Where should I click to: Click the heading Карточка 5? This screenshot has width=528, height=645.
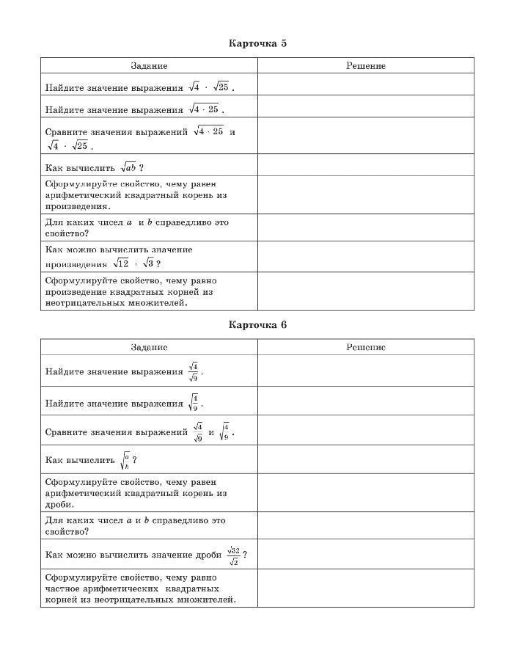[257, 43]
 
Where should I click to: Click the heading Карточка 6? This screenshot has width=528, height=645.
[257, 325]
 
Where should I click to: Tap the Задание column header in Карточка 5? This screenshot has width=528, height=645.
[149, 66]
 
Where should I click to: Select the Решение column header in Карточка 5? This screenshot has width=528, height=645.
[365, 66]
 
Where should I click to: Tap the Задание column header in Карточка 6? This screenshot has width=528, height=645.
[149, 347]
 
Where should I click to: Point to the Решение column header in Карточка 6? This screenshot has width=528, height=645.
[365, 347]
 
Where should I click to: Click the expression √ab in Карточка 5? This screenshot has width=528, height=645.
[129, 167]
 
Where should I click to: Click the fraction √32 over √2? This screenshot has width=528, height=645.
[234, 555]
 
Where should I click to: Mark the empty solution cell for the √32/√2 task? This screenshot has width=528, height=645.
[365, 554]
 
